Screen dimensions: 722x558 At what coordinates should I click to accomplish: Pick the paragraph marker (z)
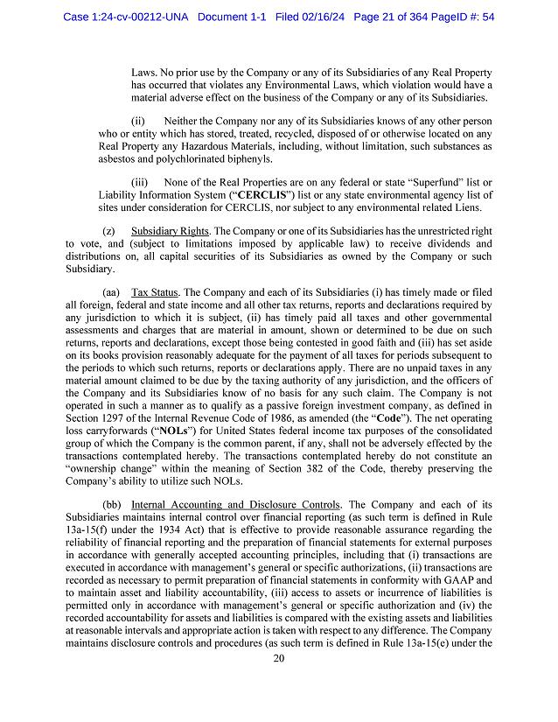(x=109, y=230)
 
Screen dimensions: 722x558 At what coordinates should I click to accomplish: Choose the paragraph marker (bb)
(x=112, y=505)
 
